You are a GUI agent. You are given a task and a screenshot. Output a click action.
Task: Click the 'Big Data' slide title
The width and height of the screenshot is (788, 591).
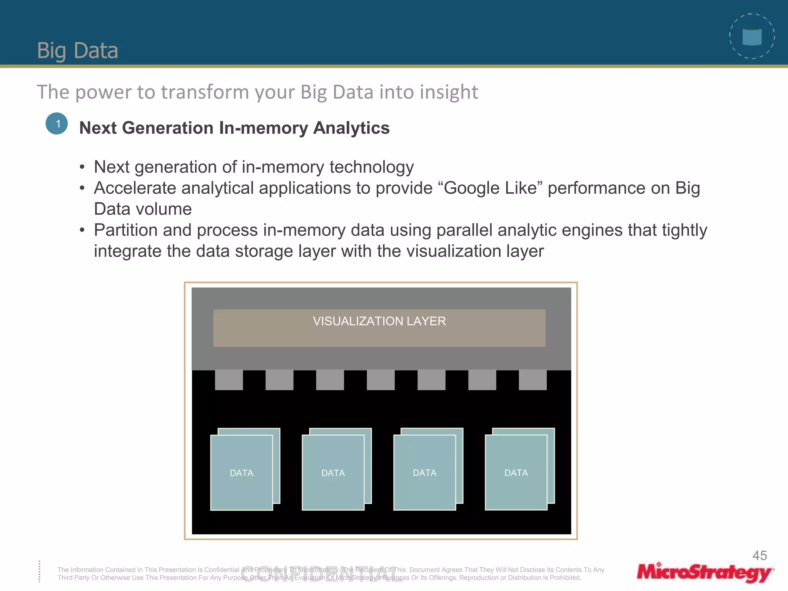77,50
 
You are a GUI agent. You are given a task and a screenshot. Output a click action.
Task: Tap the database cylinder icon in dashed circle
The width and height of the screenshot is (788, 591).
752,37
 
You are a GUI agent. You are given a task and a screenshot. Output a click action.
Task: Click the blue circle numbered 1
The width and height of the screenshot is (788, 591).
57,124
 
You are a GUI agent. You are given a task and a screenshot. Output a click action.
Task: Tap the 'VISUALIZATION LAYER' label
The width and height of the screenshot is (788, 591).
379,321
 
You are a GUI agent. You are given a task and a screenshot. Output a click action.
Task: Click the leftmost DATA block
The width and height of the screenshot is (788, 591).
242,472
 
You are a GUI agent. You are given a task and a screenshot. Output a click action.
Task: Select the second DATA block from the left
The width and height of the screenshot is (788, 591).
333,472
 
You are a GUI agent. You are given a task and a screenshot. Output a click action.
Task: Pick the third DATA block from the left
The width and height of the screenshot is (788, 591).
424,472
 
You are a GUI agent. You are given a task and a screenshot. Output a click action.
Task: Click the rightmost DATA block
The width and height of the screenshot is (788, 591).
516,472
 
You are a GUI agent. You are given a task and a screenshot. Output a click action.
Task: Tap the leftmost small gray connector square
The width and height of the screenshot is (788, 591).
229,380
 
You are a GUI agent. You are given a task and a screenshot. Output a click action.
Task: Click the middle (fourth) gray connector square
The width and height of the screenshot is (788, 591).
381,380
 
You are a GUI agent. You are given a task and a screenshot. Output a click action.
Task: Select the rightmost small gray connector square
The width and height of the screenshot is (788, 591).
533,380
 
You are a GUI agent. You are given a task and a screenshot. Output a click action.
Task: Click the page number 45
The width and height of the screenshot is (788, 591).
760,556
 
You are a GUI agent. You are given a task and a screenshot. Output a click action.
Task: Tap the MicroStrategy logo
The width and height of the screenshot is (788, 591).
705,572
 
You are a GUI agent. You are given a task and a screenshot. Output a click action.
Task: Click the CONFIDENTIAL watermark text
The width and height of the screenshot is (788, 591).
322,575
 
